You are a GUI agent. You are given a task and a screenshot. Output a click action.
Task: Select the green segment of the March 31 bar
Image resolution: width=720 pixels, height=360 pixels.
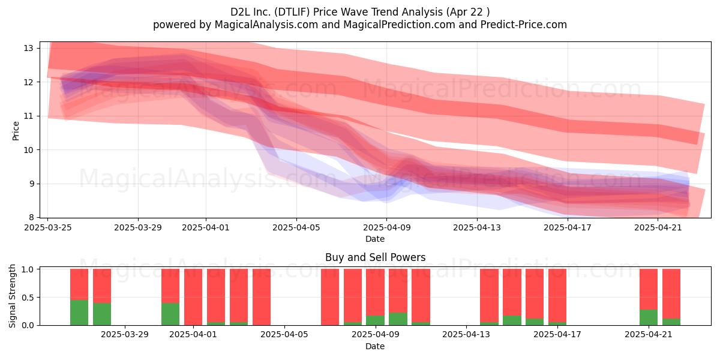[170, 314]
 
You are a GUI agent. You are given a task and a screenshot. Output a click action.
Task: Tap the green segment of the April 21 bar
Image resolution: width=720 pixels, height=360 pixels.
[649, 317]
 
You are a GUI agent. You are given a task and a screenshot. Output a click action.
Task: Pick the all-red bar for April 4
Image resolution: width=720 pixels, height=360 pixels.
[262, 297]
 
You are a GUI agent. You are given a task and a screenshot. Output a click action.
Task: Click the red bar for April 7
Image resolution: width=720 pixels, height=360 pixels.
[330, 297]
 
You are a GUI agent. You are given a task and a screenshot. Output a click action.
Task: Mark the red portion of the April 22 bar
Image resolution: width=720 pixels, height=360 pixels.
[671, 293]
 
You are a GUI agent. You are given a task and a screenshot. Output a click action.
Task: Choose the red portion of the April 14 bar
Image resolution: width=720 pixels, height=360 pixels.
[489, 295]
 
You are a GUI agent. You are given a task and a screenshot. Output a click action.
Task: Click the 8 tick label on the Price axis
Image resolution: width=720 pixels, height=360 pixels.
[31, 218]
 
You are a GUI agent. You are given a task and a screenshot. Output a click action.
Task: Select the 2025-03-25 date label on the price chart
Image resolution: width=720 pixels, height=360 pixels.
[48, 227]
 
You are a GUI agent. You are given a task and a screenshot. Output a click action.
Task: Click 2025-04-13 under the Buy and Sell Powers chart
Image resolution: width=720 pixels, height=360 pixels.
[466, 335]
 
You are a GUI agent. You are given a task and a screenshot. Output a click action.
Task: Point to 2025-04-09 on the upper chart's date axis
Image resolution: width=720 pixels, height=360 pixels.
[386, 227]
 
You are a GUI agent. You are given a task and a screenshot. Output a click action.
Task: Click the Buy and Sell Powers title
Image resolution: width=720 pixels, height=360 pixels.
[375, 257]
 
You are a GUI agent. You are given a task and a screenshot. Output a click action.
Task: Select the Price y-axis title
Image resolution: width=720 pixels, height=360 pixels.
[16, 131]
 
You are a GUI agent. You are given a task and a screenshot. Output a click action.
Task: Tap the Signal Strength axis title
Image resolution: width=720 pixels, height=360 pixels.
[12, 296]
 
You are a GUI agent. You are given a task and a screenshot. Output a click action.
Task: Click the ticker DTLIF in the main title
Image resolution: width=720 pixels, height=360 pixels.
[293, 12]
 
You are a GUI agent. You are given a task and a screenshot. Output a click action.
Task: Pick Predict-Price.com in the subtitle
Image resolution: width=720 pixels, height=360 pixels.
[524, 25]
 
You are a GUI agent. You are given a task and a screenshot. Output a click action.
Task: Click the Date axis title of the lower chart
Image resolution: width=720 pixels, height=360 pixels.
[375, 346]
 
